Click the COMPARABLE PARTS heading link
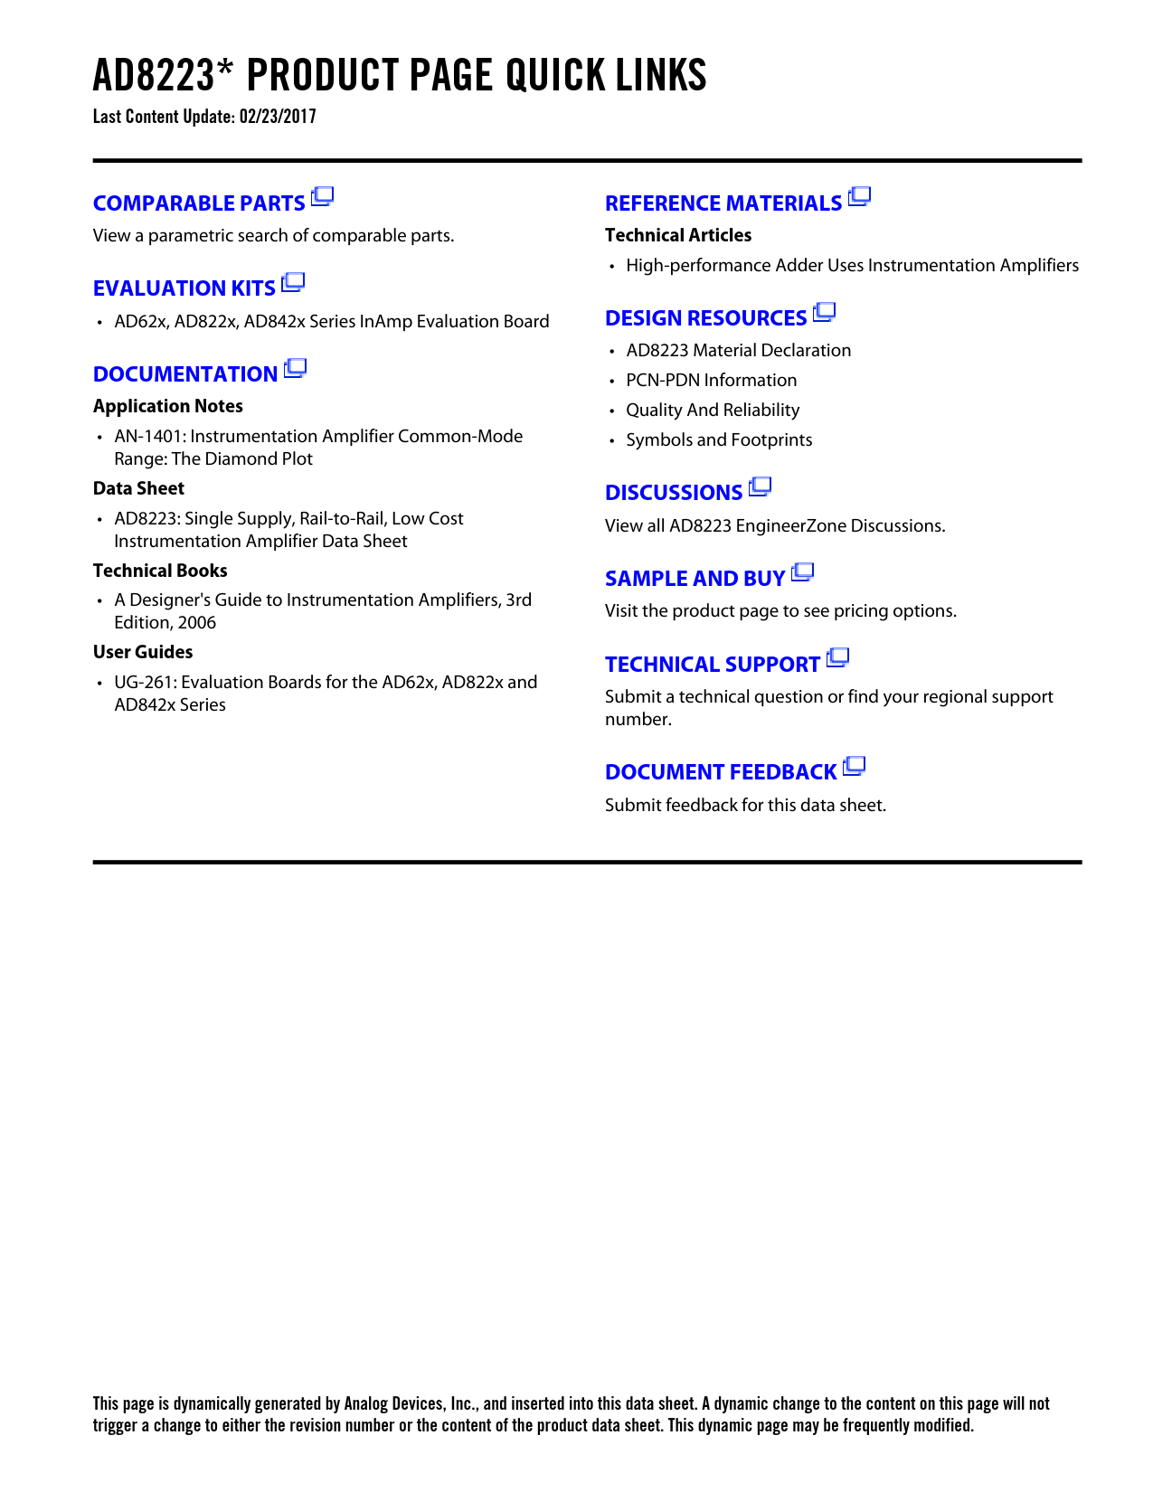199,203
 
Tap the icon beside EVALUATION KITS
293,283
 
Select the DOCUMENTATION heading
185,374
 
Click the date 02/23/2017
278,117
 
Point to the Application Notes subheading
168,406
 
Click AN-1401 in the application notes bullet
147,437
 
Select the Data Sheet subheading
138,488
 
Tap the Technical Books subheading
160,571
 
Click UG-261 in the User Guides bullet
143,683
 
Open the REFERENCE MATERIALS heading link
723,203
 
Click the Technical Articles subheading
678,235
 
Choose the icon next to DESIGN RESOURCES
824,313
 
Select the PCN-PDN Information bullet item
712,381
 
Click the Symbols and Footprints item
719,440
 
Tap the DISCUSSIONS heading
674,493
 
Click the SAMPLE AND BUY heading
695,579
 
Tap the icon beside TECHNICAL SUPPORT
837,658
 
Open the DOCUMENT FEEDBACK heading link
721,772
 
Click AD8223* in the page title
154,76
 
